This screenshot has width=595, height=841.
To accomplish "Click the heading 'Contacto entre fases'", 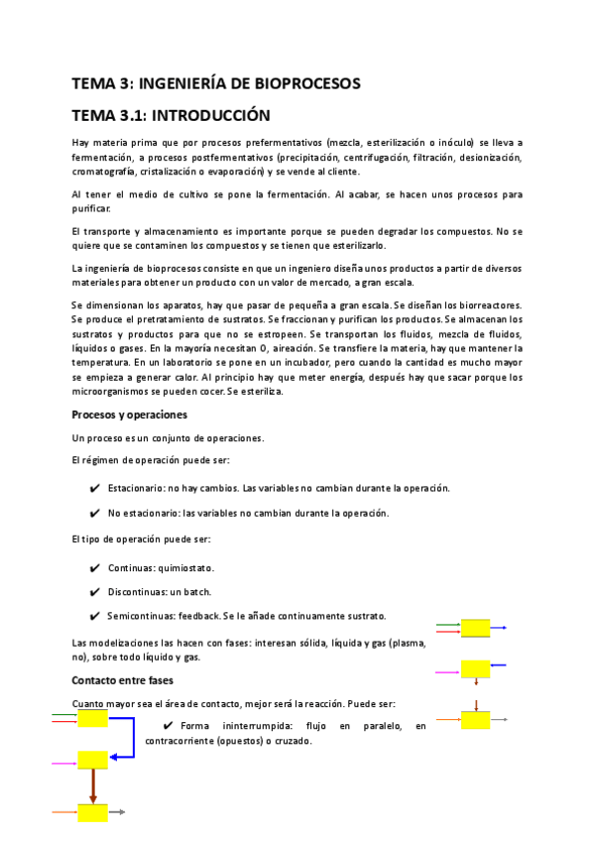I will point(123,680).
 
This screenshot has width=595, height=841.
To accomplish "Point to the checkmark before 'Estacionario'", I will point(94,488).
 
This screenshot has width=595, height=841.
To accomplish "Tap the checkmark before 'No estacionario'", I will point(94,513).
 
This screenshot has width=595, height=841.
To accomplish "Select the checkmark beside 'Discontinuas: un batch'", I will point(94,592).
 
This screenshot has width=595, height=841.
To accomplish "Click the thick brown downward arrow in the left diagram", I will point(93,785).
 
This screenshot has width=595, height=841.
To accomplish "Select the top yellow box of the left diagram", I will point(93,718).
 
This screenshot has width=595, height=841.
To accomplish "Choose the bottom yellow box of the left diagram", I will point(93,812).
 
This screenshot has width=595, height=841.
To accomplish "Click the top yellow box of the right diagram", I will point(475,628).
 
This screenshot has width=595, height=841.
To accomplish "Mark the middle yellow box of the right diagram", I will point(475,669).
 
